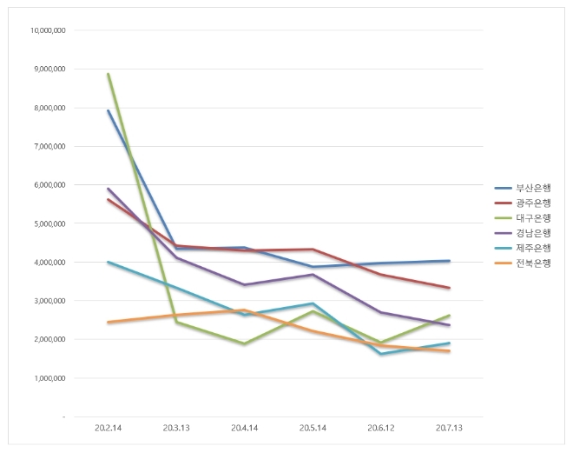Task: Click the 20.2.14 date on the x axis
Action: (108, 428)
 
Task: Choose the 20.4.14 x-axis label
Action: (245, 428)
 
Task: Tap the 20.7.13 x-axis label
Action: (449, 428)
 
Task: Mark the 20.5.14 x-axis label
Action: (313, 428)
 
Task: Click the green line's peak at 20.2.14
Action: (108, 74)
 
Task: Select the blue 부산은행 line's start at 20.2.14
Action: (108, 110)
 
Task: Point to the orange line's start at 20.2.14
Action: (108, 323)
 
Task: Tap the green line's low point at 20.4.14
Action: (245, 344)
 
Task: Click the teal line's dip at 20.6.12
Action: (381, 354)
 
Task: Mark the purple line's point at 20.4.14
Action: (245, 285)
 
